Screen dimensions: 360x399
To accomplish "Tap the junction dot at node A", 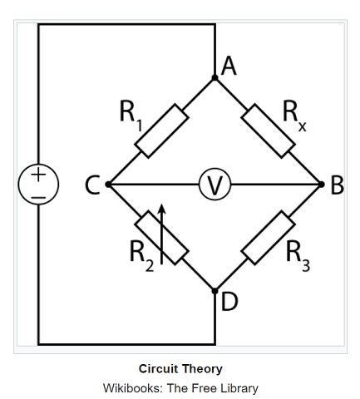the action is click(215, 78).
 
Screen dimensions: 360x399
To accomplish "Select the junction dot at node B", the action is click(321, 185).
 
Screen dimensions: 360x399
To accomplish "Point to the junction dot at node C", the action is click(108, 185).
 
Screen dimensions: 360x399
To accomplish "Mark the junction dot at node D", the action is click(215, 291).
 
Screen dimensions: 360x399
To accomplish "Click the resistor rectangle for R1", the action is click(161, 131).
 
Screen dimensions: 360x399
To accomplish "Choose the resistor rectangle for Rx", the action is click(268, 131).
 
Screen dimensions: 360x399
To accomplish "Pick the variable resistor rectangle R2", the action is click(161, 238).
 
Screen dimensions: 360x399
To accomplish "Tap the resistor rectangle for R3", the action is click(268, 238).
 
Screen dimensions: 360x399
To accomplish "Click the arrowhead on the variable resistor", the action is click(162, 209).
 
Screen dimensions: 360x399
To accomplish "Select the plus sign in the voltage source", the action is click(38, 175).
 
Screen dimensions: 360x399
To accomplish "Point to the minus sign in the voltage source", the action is click(38, 198).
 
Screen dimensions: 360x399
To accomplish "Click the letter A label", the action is click(229, 66).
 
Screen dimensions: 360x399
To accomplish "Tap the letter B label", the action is click(338, 185).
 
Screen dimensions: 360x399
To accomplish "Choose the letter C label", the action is click(92, 185).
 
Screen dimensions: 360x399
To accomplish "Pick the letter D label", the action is click(229, 301).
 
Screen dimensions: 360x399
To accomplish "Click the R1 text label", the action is click(131, 115).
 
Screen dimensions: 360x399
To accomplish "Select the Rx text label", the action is click(294, 116).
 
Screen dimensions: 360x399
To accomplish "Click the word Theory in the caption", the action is click(202, 369).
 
